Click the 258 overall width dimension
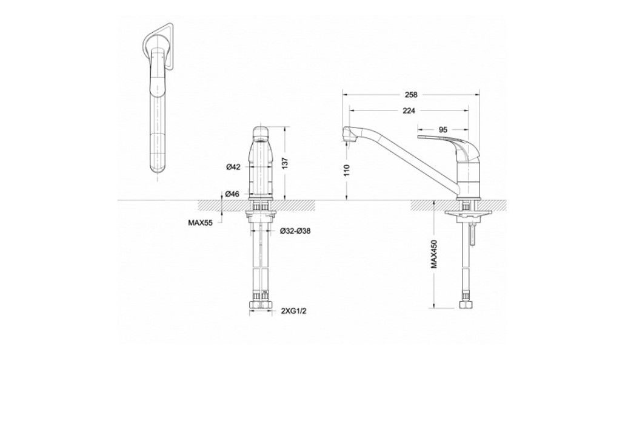(412, 95)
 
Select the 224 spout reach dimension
(409, 110)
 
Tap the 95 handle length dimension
(443, 129)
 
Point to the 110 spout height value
(347, 171)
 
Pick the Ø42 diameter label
(233, 167)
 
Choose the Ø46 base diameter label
(233, 194)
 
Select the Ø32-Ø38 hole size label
(295, 231)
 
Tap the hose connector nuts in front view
(263, 303)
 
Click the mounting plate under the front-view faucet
(262, 212)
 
